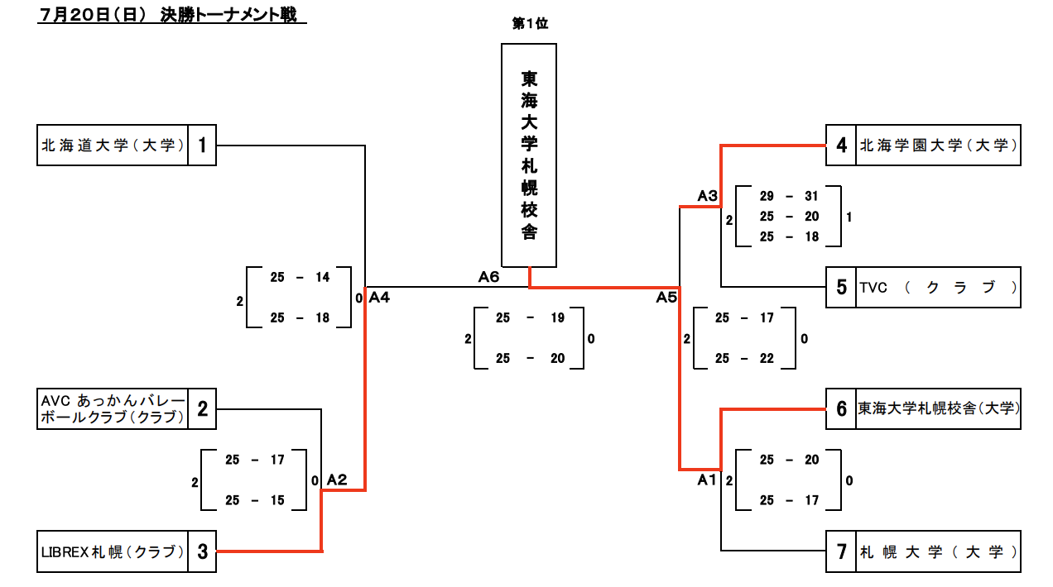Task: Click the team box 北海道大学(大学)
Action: point(113,146)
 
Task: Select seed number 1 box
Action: point(202,146)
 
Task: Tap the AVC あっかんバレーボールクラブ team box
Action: point(113,408)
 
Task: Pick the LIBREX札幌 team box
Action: point(113,551)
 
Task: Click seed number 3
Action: point(202,551)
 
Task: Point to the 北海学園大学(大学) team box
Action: point(937,146)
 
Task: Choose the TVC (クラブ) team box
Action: point(937,288)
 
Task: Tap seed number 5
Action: point(841,288)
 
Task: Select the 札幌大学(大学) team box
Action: point(937,551)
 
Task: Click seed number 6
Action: point(841,408)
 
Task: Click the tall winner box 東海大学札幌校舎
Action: point(529,155)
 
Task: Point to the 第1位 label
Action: point(530,24)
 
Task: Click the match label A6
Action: point(488,277)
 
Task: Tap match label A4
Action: point(379,297)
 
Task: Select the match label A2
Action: point(337,480)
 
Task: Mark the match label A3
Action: point(707,196)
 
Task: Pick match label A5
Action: point(666,298)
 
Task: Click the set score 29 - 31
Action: point(788,196)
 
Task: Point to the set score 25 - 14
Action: point(300,278)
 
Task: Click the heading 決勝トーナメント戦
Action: point(223,15)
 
